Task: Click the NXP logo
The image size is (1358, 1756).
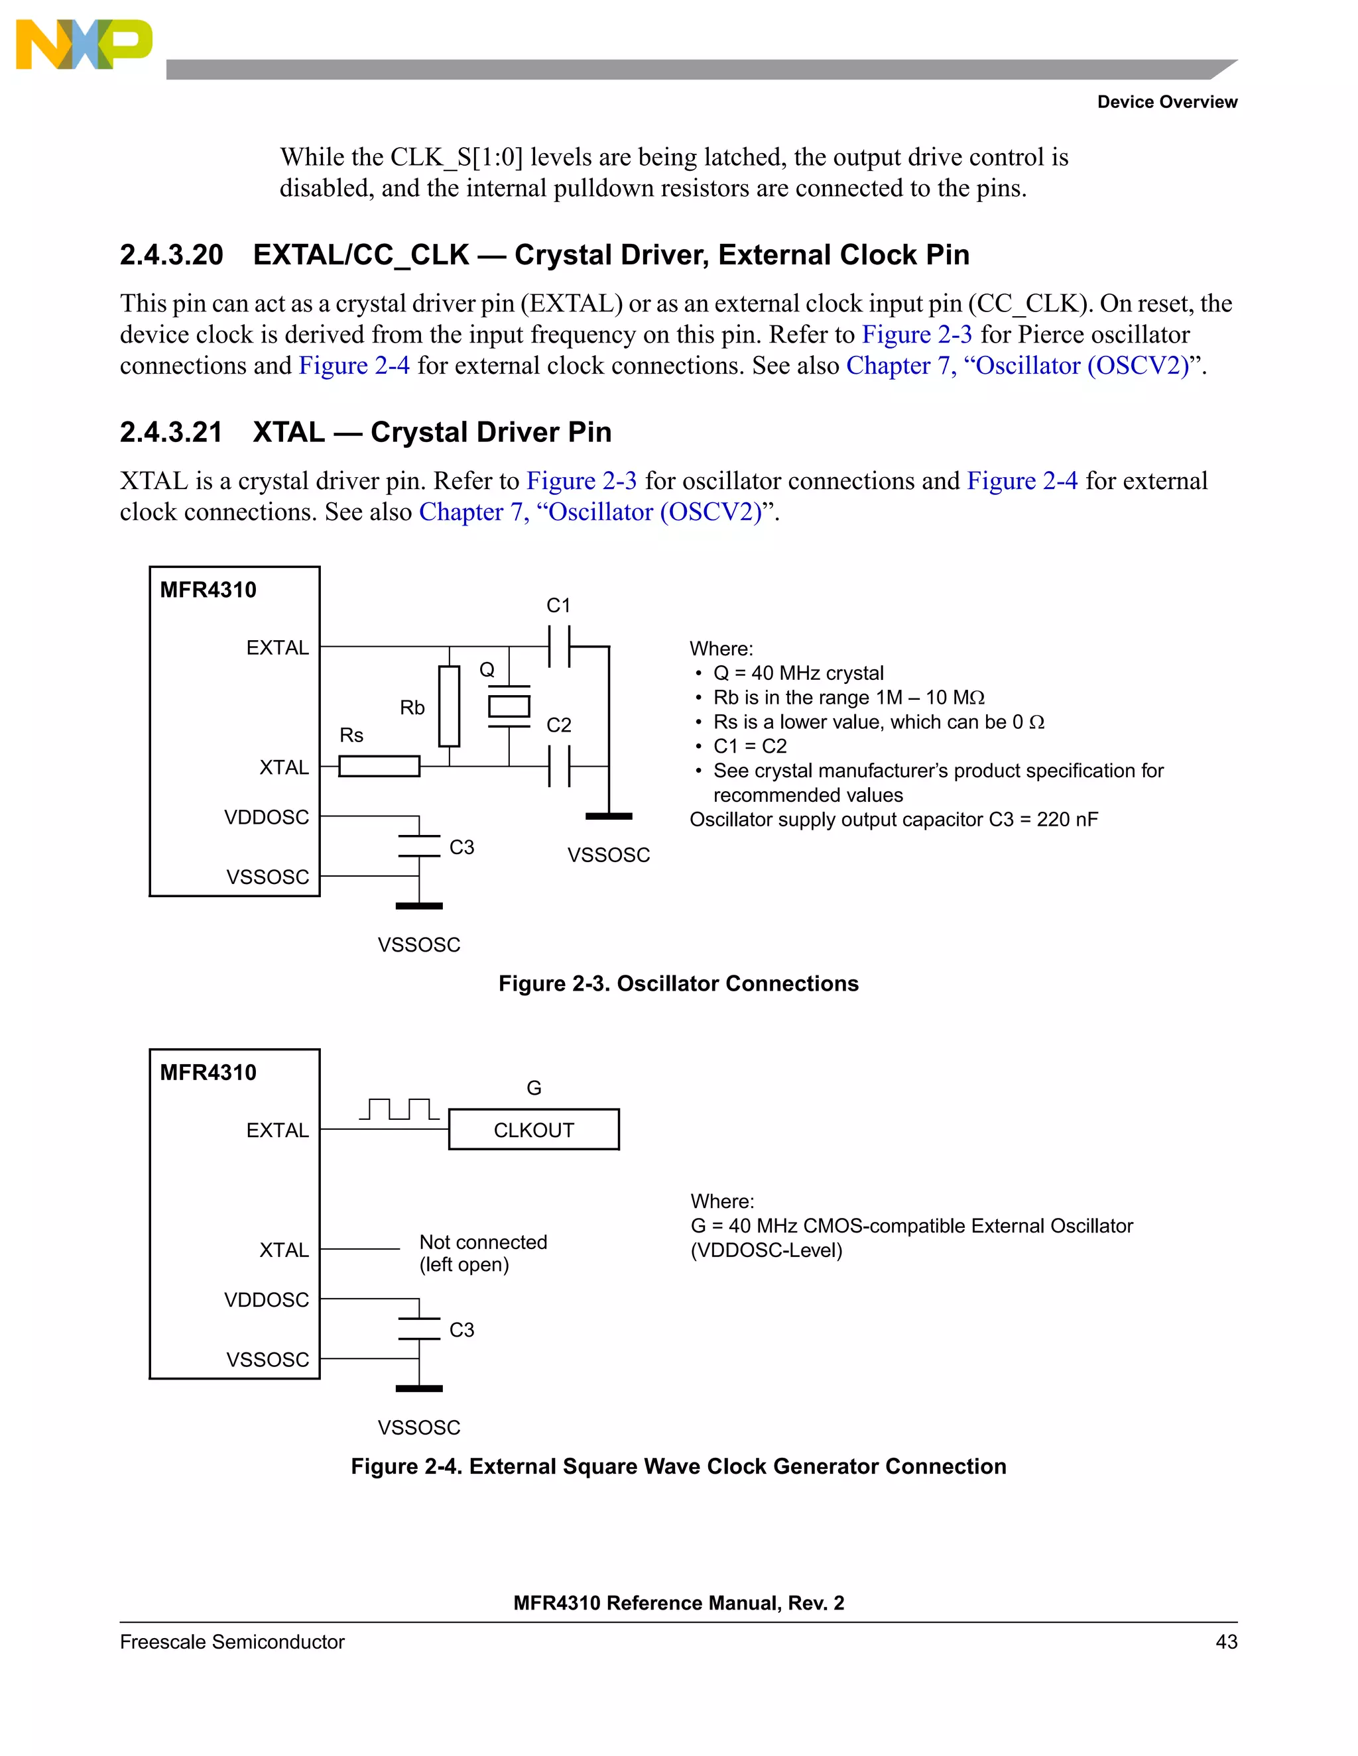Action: pyautogui.click(x=84, y=44)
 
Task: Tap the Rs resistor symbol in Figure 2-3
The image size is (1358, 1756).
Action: pyautogui.click(x=379, y=765)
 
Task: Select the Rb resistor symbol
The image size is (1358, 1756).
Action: pyautogui.click(x=449, y=706)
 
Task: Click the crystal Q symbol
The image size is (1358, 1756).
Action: pyautogui.click(x=509, y=706)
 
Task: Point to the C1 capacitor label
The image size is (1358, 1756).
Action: pyautogui.click(x=558, y=606)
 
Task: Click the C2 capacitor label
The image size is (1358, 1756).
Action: pyautogui.click(x=558, y=725)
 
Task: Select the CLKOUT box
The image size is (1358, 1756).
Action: pyautogui.click(x=533, y=1130)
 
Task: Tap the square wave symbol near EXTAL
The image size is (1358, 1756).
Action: pyautogui.click(x=399, y=1109)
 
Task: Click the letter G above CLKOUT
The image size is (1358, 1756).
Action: pyautogui.click(x=533, y=1088)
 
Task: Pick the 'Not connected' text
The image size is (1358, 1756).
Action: pyautogui.click(x=483, y=1242)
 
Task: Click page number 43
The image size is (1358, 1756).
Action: pyautogui.click(x=1226, y=1642)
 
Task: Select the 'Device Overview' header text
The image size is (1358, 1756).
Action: pyautogui.click(x=1166, y=102)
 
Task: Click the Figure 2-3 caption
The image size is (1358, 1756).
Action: pyautogui.click(x=678, y=983)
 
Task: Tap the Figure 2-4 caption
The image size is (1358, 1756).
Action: pyautogui.click(x=678, y=1466)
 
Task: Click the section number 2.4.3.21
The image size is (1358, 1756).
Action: pyautogui.click(x=170, y=433)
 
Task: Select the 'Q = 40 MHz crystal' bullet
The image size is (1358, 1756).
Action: pyautogui.click(x=798, y=673)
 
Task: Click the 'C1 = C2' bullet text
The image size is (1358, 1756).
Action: pyautogui.click(x=750, y=746)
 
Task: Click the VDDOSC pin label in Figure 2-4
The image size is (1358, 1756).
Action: pyautogui.click(x=267, y=1299)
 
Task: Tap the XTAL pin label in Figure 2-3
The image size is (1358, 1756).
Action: pyautogui.click(x=283, y=767)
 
